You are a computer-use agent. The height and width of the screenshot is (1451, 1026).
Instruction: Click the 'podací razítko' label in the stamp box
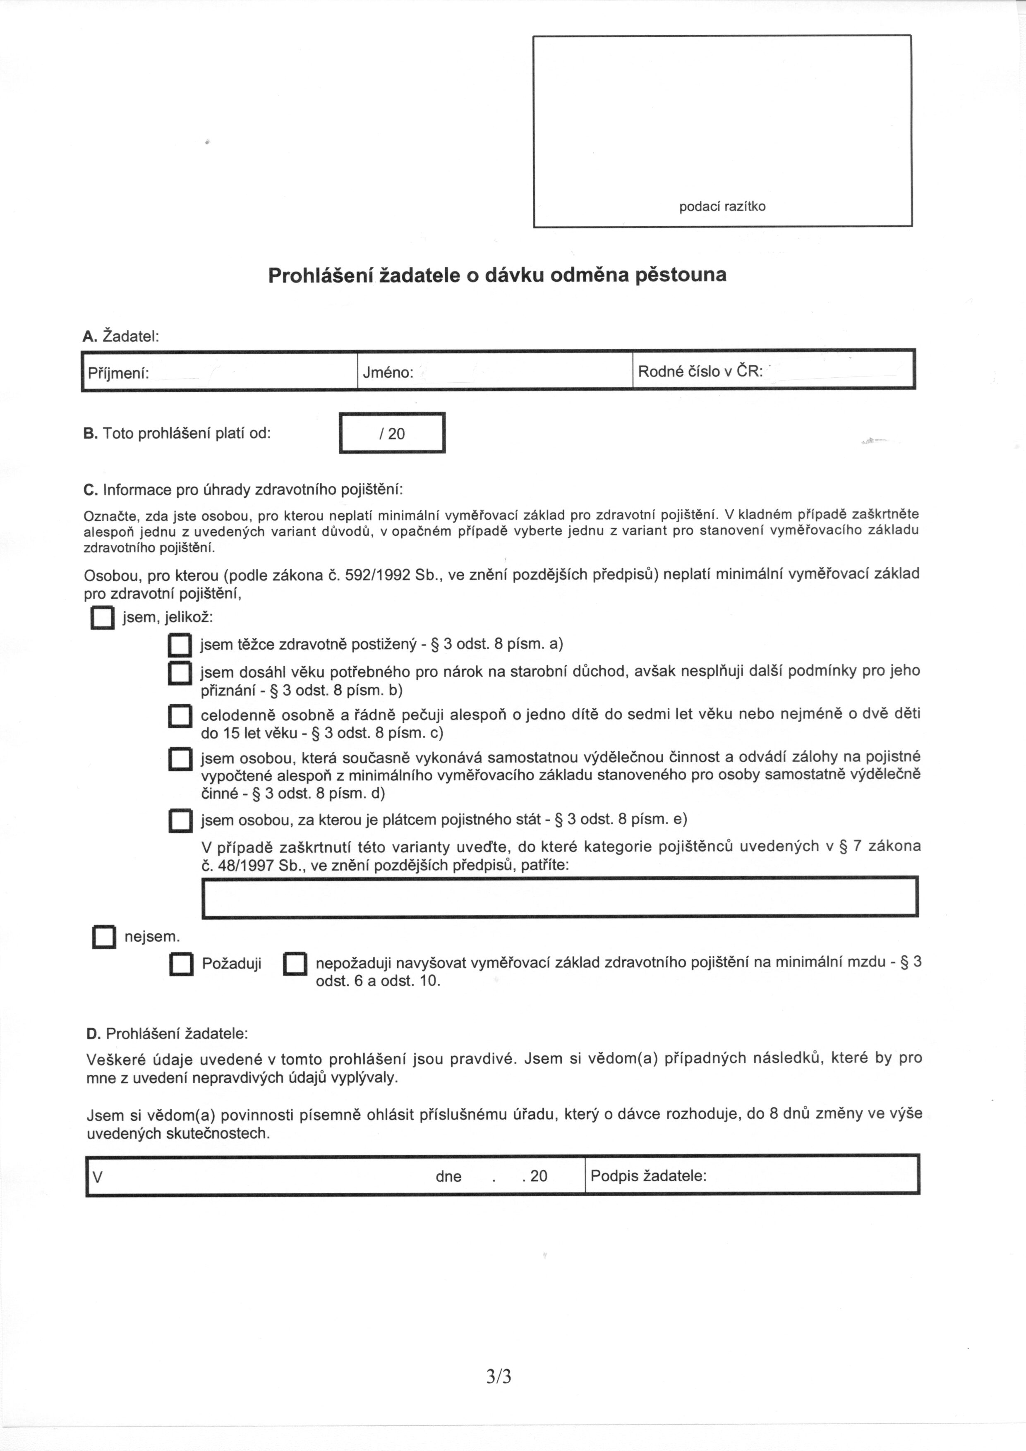coord(722,206)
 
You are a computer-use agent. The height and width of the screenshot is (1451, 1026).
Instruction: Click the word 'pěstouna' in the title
coord(680,275)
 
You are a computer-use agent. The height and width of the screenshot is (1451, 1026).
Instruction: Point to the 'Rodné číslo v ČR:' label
coord(700,372)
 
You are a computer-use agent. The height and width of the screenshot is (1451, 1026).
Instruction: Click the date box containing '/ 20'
coord(392,433)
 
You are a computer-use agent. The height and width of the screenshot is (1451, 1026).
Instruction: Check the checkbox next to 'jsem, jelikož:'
coord(102,618)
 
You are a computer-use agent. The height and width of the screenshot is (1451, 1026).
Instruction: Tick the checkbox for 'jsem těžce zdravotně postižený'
coord(180,645)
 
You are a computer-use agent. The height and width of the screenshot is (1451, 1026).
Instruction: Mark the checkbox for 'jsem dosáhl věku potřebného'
coord(180,673)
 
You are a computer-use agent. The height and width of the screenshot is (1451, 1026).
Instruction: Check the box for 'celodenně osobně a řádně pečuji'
coord(180,717)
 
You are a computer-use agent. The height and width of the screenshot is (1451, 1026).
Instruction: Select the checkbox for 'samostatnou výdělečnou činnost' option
coord(180,759)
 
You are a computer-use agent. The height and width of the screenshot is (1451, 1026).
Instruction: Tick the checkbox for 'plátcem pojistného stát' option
coord(180,820)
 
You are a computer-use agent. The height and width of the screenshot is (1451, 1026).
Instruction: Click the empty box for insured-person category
coord(560,897)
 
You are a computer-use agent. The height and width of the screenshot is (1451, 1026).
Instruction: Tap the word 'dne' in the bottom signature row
coord(448,1177)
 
